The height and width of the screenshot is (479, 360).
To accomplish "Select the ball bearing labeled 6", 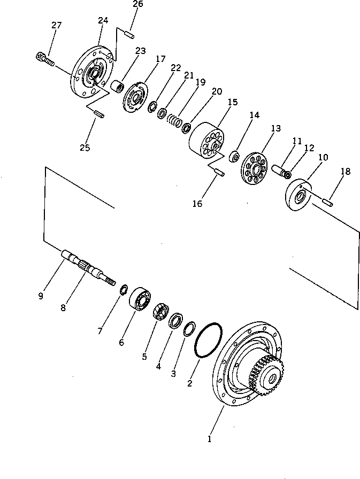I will (x=141, y=300).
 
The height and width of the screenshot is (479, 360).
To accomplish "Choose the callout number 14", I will (x=254, y=114).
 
